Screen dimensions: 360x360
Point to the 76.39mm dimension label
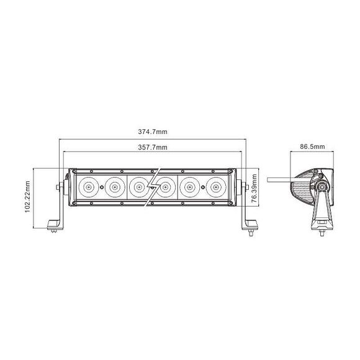(x=254, y=188)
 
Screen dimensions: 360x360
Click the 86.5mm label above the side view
(x=313, y=147)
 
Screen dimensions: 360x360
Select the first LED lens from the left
(x=89, y=186)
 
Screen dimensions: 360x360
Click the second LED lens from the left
(x=114, y=186)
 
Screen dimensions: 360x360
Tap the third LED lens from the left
(x=139, y=186)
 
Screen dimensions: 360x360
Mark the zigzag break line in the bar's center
(x=153, y=186)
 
